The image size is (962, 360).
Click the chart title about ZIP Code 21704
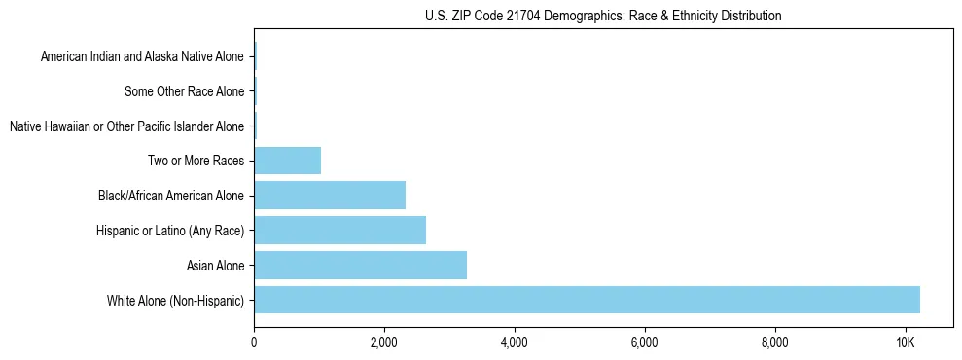603,16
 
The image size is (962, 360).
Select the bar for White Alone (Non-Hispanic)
587,300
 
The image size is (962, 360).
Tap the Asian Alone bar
360,265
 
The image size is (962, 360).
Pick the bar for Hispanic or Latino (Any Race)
339,230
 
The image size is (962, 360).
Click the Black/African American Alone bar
330,196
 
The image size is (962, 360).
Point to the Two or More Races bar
287,161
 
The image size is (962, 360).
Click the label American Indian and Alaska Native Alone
142,56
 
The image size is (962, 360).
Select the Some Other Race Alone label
185,91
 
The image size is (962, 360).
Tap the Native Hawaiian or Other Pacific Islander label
126,126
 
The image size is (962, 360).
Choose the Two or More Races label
196,161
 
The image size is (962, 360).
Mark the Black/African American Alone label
171,196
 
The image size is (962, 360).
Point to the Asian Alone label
215,265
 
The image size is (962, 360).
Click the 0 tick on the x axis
254,342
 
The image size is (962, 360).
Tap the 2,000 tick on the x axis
384,342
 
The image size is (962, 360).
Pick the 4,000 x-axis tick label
515,342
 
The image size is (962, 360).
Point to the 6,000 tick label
645,342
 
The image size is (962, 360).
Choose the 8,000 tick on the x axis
775,342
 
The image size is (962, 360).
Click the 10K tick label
906,342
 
